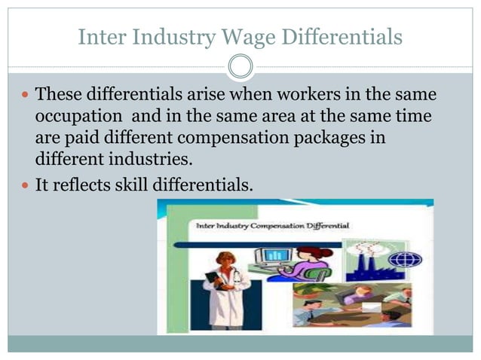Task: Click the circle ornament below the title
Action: point(240,67)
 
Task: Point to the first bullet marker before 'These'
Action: point(25,97)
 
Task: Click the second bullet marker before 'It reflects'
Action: point(25,185)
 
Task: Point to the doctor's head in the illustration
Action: point(224,261)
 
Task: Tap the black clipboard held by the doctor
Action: point(213,279)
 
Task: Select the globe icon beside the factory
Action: point(410,260)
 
